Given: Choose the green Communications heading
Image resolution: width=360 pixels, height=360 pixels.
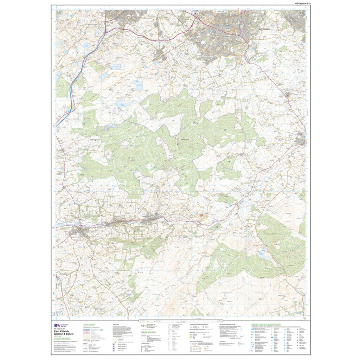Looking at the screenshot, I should coord(89,325).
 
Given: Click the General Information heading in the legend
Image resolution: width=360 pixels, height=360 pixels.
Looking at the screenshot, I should coord(149,332).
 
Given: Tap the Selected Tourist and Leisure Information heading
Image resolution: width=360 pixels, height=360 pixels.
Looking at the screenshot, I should coord(266,325).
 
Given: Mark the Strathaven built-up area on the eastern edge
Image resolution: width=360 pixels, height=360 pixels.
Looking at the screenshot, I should coord(301,140).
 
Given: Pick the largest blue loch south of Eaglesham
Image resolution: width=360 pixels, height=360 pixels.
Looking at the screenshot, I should coord(137,86).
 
